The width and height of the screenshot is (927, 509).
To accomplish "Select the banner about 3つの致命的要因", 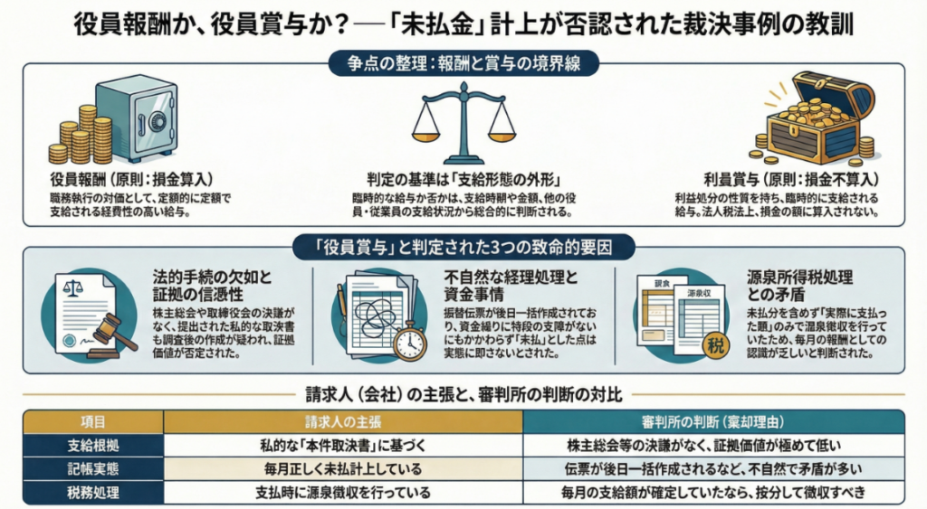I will point(463,247).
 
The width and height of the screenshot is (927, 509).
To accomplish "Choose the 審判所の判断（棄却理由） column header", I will point(714,421).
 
